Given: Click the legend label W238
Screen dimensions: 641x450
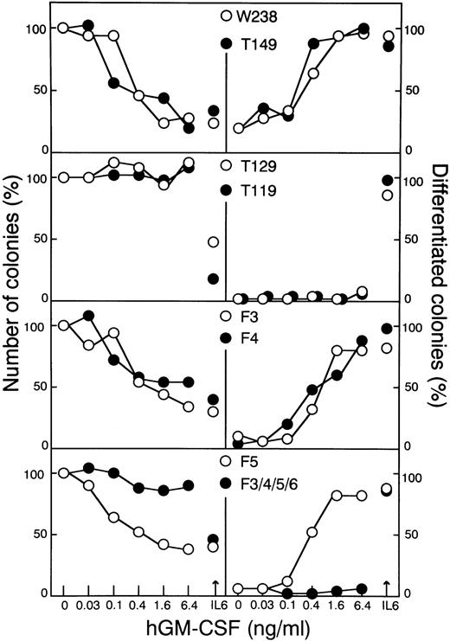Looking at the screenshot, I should click(x=260, y=16).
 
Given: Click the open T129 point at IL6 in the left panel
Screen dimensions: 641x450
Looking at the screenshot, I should click(x=213, y=241).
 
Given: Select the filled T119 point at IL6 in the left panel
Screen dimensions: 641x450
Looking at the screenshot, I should click(x=213, y=279).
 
